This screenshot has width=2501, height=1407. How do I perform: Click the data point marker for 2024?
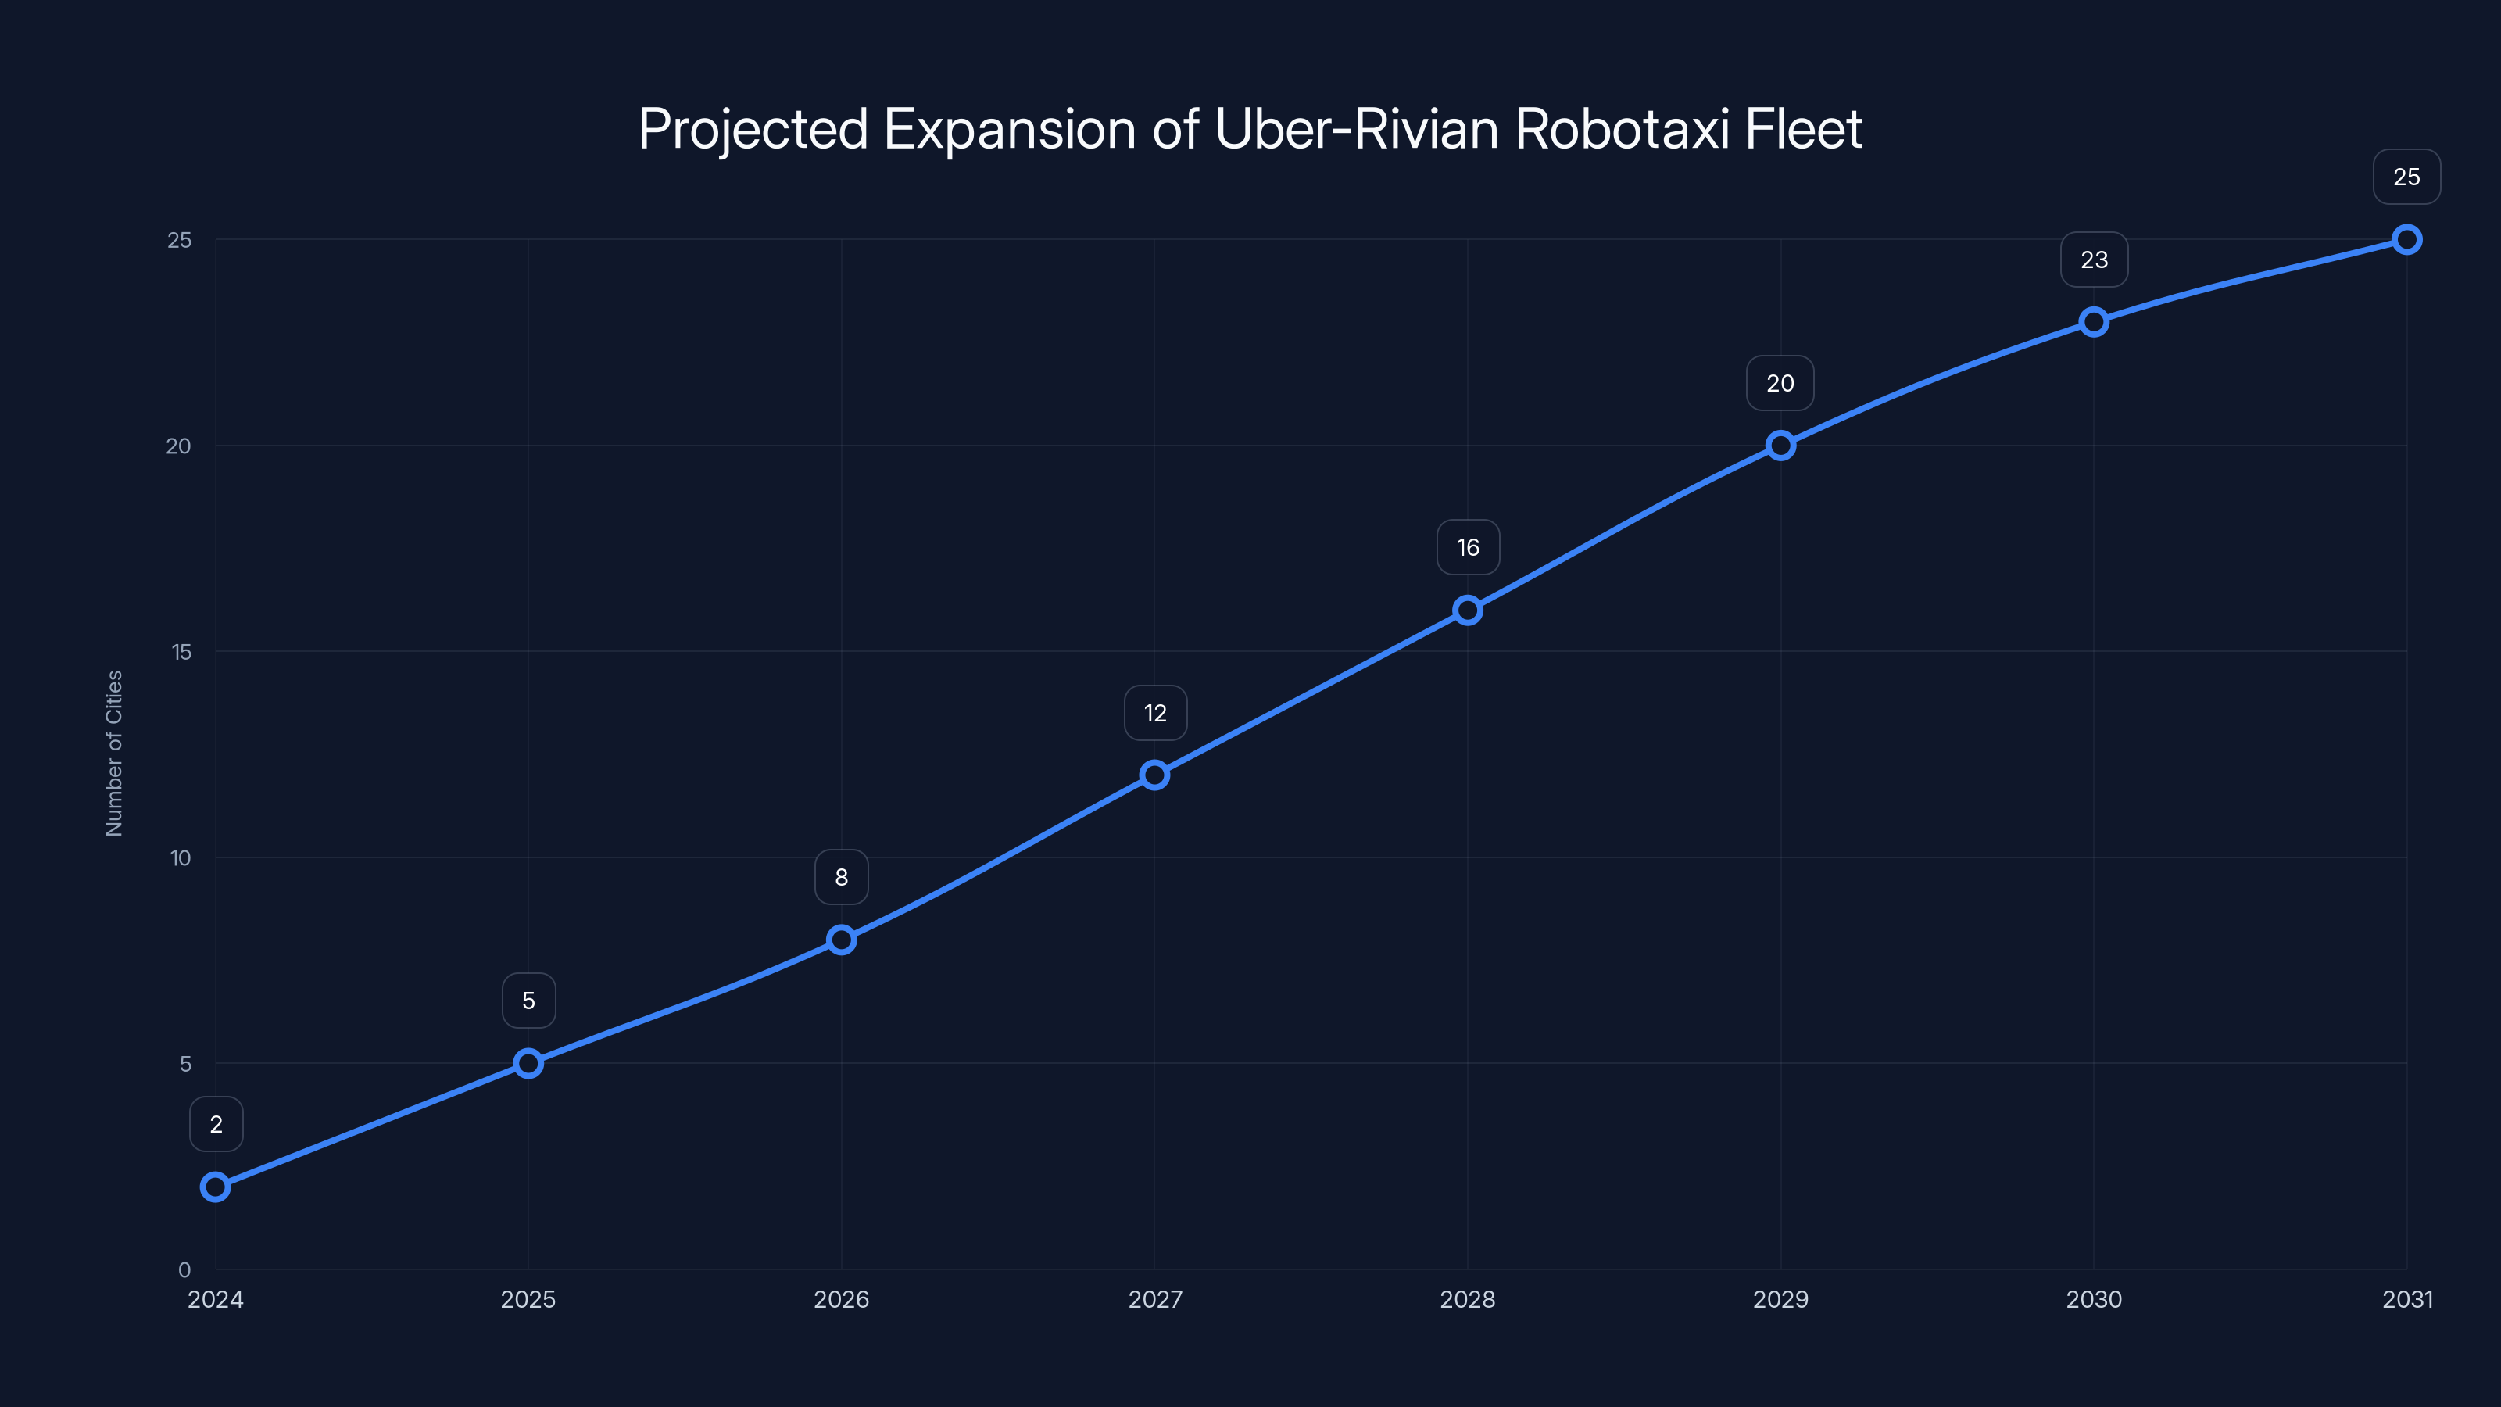(216, 1187)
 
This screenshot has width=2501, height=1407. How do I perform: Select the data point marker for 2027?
(1154, 775)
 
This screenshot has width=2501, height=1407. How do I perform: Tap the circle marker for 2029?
(1780, 446)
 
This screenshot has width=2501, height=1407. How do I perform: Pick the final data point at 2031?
(2407, 240)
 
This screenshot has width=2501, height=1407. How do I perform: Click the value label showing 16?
(1468, 548)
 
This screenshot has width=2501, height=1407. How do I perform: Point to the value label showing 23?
(2095, 260)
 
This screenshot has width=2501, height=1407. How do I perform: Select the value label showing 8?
(842, 878)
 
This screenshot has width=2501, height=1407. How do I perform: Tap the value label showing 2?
(216, 1125)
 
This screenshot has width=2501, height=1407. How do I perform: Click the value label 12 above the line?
(1155, 714)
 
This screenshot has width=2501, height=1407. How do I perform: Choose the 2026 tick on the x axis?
(842, 1299)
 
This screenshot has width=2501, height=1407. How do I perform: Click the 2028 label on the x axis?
(1468, 1299)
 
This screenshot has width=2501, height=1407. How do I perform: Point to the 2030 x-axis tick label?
(2095, 1299)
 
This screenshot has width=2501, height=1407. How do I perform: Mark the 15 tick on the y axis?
(181, 652)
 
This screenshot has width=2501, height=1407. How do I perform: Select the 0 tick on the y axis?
(184, 1269)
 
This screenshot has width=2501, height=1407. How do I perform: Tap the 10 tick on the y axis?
(181, 857)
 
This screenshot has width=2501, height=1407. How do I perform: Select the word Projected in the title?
(753, 129)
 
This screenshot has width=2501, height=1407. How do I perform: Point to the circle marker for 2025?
(528, 1063)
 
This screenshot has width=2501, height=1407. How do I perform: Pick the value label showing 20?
(1780, 384)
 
